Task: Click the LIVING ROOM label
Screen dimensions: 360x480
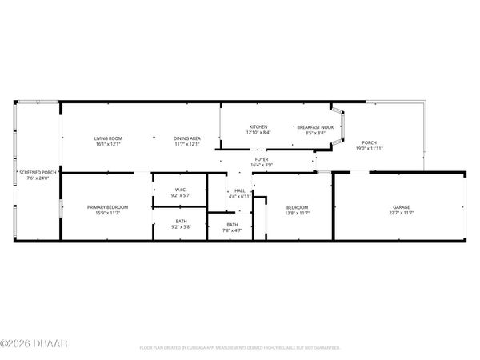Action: coord(107,139)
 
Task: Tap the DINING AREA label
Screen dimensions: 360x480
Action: coord(187,139)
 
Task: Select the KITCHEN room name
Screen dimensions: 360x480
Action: coord(258,127)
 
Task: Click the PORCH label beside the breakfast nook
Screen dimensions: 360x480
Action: coord(369,143)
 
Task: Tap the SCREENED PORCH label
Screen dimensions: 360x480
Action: coord(38,172)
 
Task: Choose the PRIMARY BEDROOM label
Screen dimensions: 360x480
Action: coord(107,207)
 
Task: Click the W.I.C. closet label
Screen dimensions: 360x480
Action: coord(180,190)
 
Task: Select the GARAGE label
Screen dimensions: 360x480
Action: coord(401,207)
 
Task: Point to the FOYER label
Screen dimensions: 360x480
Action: coord(262,159)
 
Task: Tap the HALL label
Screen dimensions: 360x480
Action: coord(240,190)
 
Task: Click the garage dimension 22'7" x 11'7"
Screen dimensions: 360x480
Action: coord(401,213)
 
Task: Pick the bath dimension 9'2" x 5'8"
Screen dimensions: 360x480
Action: coord(180,226)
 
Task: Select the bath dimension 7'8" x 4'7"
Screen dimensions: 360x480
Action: coord(232,230)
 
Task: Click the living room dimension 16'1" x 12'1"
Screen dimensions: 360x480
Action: coord(107,145)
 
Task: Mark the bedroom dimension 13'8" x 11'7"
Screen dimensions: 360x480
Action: coord(297,213)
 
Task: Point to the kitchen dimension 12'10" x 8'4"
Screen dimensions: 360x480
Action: coord(258,133)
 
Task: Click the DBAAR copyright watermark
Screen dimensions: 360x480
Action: coord(34,344)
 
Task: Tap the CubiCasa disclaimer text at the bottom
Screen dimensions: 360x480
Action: coord(240,348)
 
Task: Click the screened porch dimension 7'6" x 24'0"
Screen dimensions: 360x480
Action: coord(38,178)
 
